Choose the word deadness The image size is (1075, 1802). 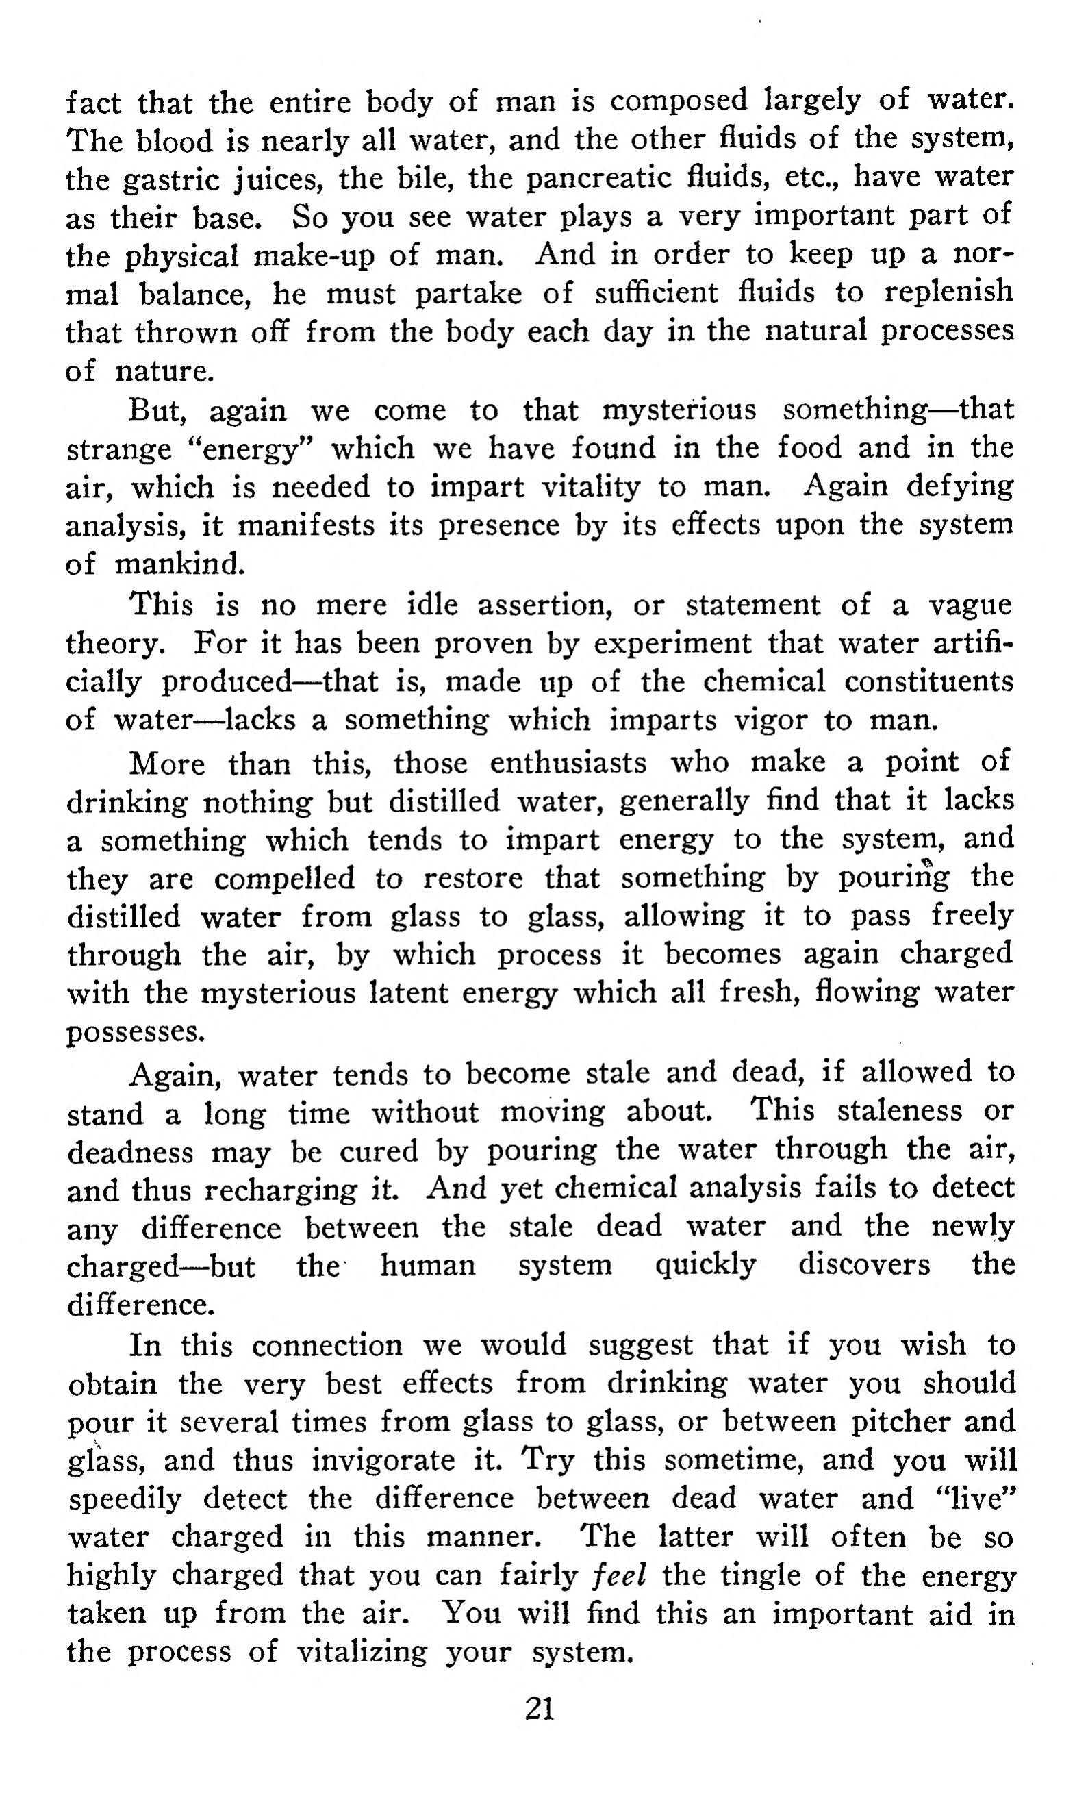tap(130, 1151)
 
